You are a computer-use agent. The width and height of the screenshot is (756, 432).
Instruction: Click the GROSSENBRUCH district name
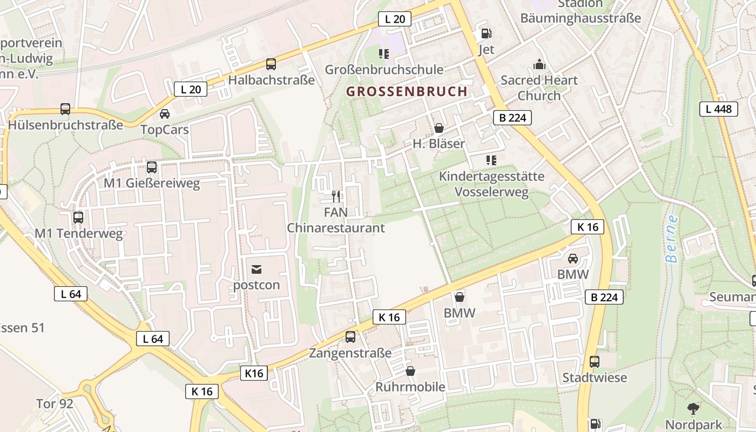click(407, 91)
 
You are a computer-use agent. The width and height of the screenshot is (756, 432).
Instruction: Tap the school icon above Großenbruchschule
click(384, 53)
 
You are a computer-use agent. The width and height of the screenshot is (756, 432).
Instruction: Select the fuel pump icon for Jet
click(486, 33)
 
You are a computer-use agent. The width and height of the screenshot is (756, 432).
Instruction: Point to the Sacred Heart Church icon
click(539, 65)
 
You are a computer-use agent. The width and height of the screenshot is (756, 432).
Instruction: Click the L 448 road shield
click(718, 109)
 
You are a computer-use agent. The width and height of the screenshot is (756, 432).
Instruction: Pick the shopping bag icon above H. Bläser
click(438, 128)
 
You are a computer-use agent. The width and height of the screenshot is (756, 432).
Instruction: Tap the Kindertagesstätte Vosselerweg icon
click(491, 160)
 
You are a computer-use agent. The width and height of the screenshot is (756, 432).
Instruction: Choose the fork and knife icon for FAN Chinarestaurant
click(336, 196)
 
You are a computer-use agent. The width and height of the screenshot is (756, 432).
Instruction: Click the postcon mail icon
click(256, 268)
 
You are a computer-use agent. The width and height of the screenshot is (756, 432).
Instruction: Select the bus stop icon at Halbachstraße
click(271, 64)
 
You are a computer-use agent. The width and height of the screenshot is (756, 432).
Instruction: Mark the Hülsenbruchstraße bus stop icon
click(65, 109)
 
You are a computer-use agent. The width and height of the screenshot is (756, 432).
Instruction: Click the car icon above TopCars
click(165, 114)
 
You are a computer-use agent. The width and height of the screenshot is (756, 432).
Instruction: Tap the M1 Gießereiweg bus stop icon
click(152, 167)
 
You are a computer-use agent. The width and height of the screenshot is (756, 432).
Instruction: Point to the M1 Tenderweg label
click(79, 234)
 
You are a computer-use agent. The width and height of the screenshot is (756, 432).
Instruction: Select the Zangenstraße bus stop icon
click(350, 337)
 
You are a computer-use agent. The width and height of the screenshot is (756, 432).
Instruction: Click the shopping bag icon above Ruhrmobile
click(410, 371)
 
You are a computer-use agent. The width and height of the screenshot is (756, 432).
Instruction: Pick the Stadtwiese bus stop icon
click(594, 361)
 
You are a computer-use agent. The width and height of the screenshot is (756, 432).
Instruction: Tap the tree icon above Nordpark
click(693, 408)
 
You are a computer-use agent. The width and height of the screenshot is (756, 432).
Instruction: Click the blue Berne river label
click(672, 239)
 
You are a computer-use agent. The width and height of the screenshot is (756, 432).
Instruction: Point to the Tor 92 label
click(55, 403)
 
